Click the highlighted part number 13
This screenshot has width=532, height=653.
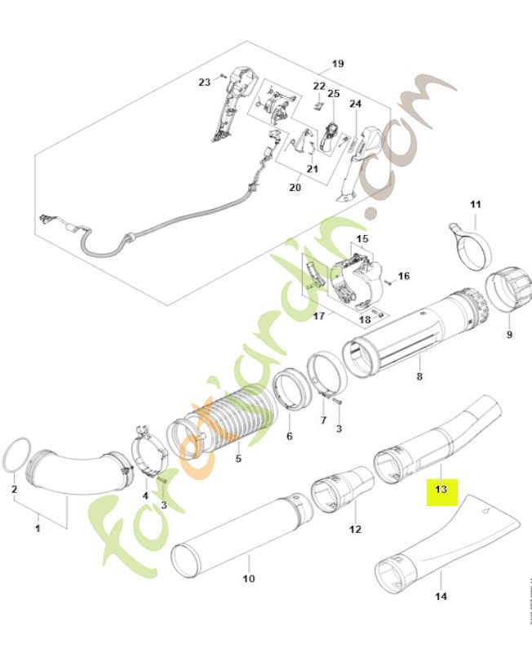[441, 490]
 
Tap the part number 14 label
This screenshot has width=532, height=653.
[440, 597]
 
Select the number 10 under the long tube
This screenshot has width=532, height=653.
[249, 579]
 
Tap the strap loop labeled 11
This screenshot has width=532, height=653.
[472, 247]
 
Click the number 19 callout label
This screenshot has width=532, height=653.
[338, 63]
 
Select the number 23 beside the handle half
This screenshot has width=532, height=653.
[204, 81]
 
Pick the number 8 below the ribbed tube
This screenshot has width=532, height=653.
[419, 376]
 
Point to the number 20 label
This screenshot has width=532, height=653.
[295, 188]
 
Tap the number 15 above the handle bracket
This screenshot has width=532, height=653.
[362, 239]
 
